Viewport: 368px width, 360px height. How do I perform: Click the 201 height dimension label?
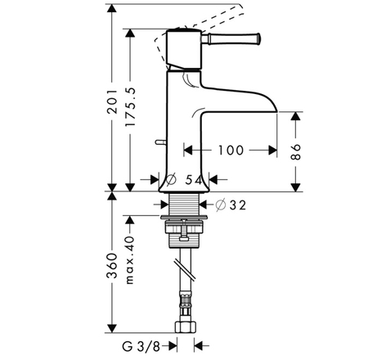pyautogui.click(x=112, y=101)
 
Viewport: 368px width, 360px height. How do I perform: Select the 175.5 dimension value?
pyautogui.click(x=130, y=106)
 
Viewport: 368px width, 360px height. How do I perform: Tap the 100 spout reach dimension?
pyautogui.click(x=231, y=150)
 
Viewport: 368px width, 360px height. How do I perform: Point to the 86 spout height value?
pyautogui.click(x=295, y=152)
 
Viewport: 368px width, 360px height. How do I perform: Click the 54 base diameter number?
pyautogui.click(x=194, y=180)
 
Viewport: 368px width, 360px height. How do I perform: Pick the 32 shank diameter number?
pyautogui.click(x=238, y=205)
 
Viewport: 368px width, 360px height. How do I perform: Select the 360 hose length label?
pyautogui.click(x=112, y=266)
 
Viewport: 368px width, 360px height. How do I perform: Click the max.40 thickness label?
pyautogui.click(x=130, y=260)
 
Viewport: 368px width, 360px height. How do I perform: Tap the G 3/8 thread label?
pyautogui.click(x=141, y=347)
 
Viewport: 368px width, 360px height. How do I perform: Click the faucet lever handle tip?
pyautogui.click(x=258, y=38)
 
